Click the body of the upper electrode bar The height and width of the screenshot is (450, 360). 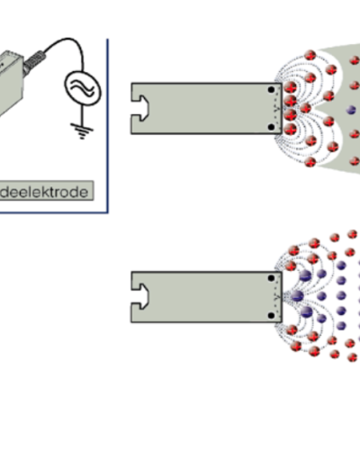click(x=202, y=109)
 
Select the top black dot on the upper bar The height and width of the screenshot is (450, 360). click(x=271, y=89)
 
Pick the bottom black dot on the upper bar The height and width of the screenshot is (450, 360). click(x=271, y=129)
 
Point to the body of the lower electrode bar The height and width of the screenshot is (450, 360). click(x=202, y=297)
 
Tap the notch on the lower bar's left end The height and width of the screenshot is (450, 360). click(x=139, y=297)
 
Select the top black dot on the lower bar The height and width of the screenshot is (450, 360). click(x=271, y=278)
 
